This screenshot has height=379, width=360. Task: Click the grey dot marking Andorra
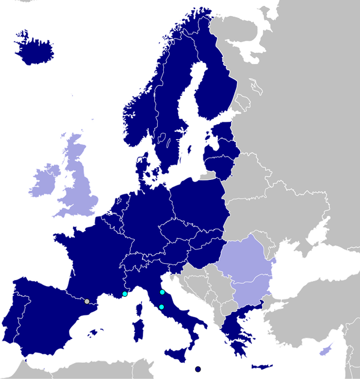pyautogui.click(x=87, y=301)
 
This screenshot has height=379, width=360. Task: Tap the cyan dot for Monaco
pyautogui.click(x=125, y=294)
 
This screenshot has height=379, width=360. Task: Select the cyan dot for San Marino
pyautogui.click(x=162, y=292)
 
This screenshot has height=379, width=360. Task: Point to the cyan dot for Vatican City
pyautogui.click(x=161, y=307)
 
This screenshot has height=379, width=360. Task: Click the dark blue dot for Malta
pyautogui.click(x=198, y=368)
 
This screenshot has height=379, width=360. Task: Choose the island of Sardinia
pyautogui.click(x=137, y=330)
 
